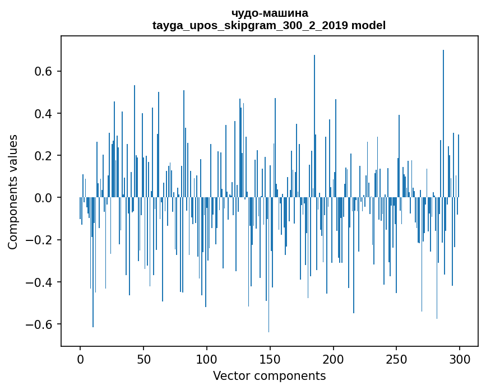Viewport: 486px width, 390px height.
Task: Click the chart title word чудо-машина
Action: coord(269,13)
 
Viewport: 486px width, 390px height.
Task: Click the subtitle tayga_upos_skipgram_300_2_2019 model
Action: coord(269,25)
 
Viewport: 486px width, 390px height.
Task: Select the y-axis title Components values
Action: coord(13,192)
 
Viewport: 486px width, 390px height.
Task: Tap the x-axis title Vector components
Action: coord(269,375)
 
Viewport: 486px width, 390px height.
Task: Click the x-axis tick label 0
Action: coord(80,359)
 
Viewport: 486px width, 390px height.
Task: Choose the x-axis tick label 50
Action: coord(144,359)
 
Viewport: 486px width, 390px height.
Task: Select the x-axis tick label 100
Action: coord(207,359)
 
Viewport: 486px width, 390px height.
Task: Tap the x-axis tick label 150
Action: coord(270,359)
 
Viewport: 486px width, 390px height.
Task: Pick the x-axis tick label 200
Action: coord(334,359)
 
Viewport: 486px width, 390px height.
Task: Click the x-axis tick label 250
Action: coord(397,359)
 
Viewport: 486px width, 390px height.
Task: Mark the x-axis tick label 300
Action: coord(460,359)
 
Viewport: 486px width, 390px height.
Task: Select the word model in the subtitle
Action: coord(368,25)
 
